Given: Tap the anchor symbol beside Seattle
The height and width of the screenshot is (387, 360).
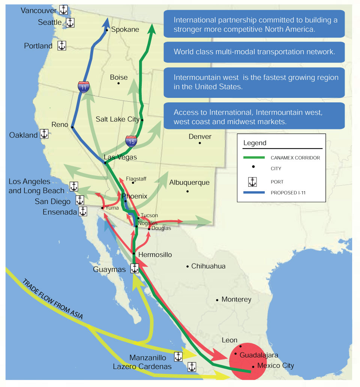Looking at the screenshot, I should click(70, 23).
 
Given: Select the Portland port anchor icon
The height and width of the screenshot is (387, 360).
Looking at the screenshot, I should click(61, 46).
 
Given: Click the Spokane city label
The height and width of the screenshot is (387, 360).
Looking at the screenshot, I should click(125, 30).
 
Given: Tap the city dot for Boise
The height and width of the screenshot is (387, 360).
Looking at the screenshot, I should click(118, 83).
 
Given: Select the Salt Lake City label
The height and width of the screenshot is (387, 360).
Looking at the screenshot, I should click(117, 119).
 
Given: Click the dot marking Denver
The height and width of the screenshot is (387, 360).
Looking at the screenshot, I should click(200, 143).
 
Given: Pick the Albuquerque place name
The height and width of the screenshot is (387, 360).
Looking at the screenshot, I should click(189, 183).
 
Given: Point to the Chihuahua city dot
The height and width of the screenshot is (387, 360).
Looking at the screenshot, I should click(187, 266).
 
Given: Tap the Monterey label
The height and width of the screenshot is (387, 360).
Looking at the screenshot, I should click(236, 300).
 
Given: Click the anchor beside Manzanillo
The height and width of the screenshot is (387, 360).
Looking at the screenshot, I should click(178, 357).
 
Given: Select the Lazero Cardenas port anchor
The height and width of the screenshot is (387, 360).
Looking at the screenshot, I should click(192, 367).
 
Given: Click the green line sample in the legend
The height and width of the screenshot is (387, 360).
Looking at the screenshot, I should click(253, 157).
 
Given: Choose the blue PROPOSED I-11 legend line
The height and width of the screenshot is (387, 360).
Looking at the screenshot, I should click(253, 193).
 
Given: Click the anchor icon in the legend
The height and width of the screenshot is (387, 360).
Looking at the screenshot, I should click(253, 182).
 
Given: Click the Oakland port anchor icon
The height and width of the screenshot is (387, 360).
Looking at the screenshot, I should click(44, 134).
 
